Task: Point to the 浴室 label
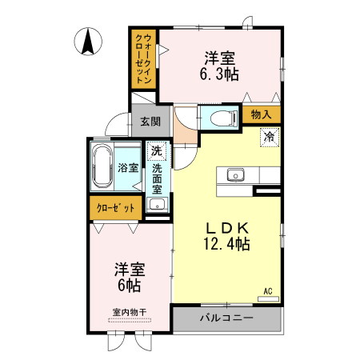click(128, 167)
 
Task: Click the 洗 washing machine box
click(156, 150)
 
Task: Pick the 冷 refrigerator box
click(270, 137)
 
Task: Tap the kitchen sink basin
click(236, 174)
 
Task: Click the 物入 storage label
click(261, 114)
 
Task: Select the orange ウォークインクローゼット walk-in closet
click(144, 58)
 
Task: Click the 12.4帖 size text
click(227, 243)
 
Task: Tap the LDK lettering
click(228, 226)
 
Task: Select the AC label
click(269, 290)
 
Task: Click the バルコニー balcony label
click(227, 319)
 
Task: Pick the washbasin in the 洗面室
click(157, 206)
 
